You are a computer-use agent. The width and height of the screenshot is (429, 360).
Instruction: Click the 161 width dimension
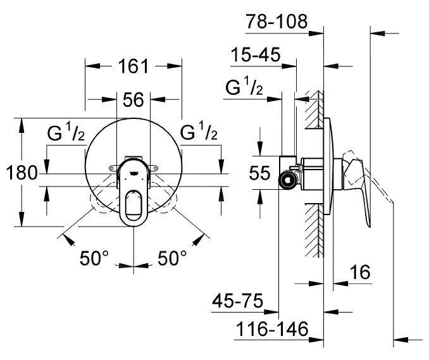tap(133, 66)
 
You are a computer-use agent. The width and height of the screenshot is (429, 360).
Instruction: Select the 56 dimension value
tap(134, 99)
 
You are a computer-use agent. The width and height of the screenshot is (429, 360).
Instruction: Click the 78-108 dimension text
tap(277, 22)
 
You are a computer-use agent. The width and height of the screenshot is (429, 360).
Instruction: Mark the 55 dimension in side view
tap(261, 173)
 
